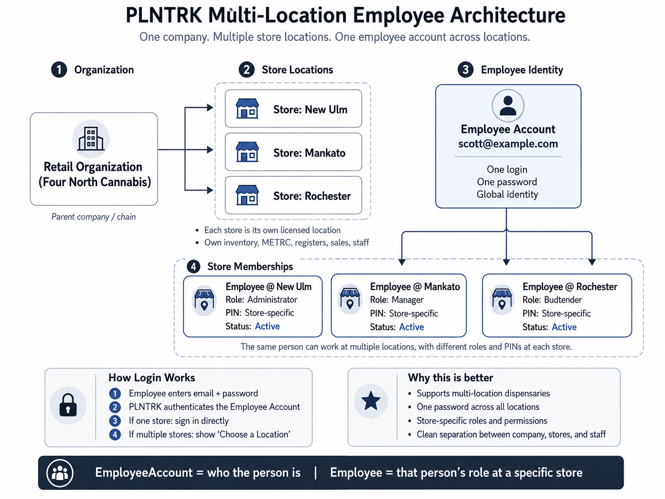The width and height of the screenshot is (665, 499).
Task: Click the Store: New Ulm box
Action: tap(293, 108)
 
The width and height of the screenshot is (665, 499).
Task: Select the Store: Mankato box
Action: tap(293, 152)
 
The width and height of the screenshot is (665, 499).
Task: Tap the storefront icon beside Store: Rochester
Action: tap(247, 195)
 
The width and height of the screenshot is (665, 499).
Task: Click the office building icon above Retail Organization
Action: tap(91, 139)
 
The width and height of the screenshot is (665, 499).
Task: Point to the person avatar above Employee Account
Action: tap(508, 106)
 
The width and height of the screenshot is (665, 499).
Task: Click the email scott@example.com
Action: tap(508, 143)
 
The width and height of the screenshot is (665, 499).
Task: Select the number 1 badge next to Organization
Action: tap(59, 70)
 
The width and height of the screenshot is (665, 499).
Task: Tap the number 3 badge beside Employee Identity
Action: tap(466, 70)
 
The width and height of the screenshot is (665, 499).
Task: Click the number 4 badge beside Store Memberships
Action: tap(194, 267)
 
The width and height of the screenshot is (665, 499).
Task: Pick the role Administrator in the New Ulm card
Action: tap(272, 300)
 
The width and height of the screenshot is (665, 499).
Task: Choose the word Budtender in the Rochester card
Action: tap(563, 300)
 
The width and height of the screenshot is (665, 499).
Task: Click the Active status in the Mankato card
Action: tap(411, 327)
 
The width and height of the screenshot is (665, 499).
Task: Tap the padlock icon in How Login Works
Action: tap(68, 405)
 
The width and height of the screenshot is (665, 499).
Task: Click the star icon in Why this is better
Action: tap(371, 401)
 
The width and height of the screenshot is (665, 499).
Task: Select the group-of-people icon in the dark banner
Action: tap(60, 473)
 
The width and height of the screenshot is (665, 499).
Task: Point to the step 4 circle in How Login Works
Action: tap(115, 435)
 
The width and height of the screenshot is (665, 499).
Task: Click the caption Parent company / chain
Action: tap(94, 217)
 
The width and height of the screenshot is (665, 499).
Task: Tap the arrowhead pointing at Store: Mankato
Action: tap(210, 149)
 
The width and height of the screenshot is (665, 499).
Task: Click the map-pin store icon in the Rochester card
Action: tap(502, 299)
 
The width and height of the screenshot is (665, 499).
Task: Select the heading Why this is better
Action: tap(451, 378)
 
